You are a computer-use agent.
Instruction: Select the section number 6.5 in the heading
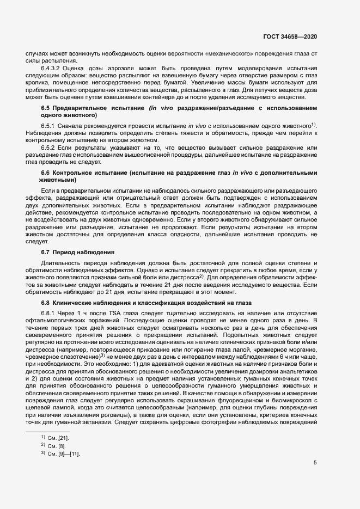click(46, 109)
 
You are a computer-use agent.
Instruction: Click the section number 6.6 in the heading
click(46, 173)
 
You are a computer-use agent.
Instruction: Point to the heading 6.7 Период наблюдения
click(77, 252)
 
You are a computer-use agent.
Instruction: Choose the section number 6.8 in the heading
click(46, 303)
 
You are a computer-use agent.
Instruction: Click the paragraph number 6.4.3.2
click(52, 67)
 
